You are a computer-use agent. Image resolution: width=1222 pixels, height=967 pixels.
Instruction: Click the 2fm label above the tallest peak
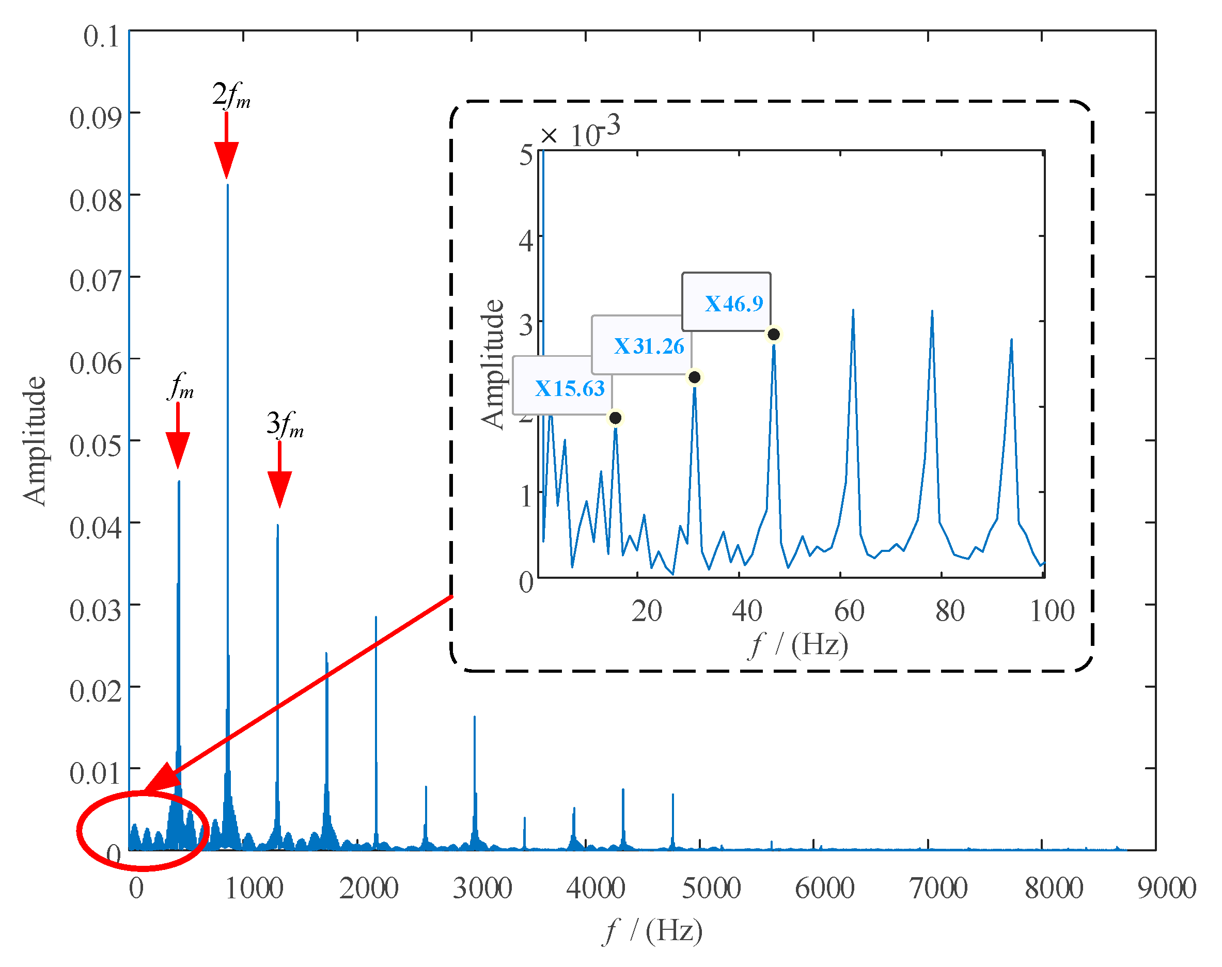click(231, 94)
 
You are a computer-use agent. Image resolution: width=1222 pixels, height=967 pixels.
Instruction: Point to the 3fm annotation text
click(285, 424)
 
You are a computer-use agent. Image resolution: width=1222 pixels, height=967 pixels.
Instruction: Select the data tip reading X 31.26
click(641, 345)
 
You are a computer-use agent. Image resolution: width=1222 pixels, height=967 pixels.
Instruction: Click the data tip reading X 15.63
click(562, 387)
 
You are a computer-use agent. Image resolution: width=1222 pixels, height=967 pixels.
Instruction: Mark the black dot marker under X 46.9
click(774, 335)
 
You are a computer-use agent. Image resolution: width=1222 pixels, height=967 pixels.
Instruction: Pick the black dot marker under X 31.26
click(694, 377)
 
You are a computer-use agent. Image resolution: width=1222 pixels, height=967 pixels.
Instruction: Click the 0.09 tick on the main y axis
click(95, 118)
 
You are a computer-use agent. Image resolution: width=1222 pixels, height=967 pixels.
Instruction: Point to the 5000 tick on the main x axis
click(711, 887)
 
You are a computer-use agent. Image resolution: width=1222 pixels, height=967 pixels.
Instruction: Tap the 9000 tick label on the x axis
click(1167, 887)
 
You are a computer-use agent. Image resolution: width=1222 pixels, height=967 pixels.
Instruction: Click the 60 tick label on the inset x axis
click(849, 611)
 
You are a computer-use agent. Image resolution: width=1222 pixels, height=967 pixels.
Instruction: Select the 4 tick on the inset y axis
click(526, 241)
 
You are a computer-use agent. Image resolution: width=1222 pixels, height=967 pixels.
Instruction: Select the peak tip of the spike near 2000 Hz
click(375, 617)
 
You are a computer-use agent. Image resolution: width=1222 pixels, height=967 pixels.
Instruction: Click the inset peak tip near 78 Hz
click(932, 311)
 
